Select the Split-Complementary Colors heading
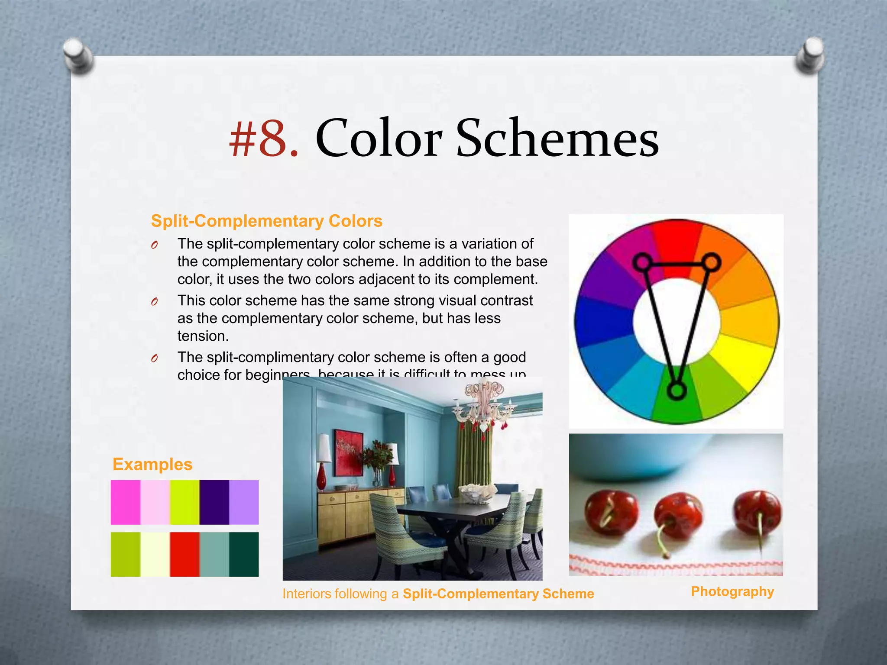click(266, 221)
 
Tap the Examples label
click(152, 464)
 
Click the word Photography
click(732, 591)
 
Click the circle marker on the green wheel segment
click(677, 391)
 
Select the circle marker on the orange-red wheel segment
click(711, 262)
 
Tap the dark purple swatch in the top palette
click(214, 502)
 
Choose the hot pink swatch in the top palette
click(126, 502)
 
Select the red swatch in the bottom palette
click(185, 554)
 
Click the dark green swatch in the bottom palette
click(244, 554)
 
